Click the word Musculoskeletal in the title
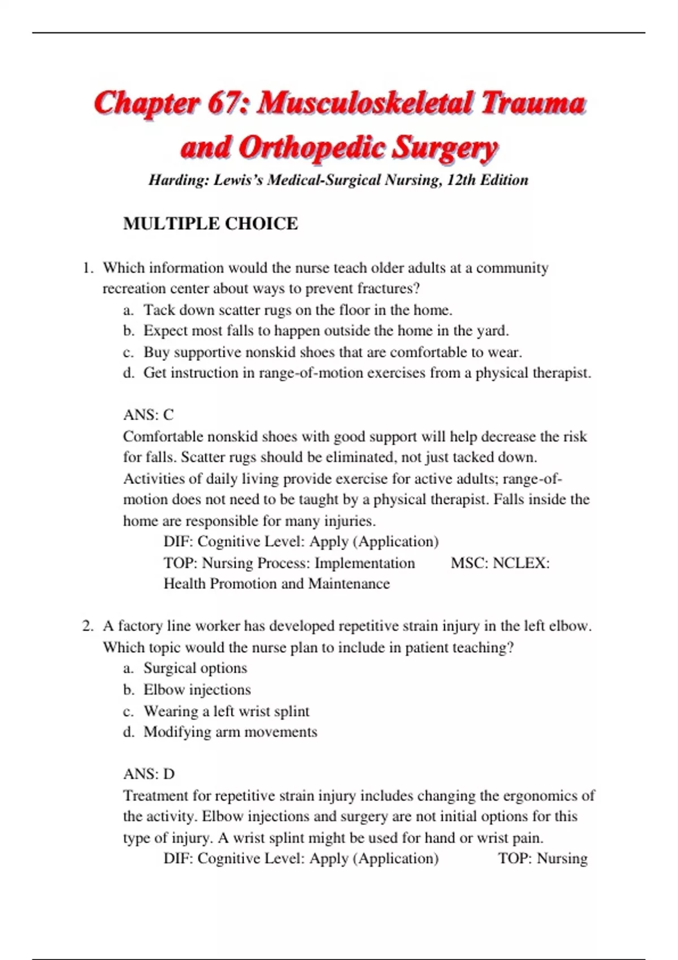[364, 103]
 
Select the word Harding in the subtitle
[177, 180]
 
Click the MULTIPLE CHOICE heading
[210, 224]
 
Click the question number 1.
[88, 268]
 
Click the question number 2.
[88, 626]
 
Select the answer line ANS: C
[149, 415]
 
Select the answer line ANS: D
[149, 774]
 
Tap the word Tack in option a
[159, 310]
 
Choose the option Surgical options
[195, 668]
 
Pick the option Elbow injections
[197, 690]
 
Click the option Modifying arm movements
[230, 732]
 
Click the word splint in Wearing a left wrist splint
[292, 711]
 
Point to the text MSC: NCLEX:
[500, 563]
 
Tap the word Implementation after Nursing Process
[364, 563]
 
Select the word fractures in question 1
[388, 289]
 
